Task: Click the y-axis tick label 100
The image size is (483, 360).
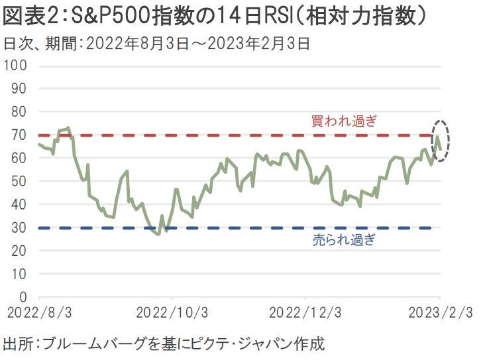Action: (x=15, y=66)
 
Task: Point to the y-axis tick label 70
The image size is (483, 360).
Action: (x=19, y=135)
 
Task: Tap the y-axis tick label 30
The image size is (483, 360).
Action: (x=19, y=227)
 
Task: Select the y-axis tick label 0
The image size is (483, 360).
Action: (x=23, y=296)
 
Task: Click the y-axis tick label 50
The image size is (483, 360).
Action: (x=19, y=181)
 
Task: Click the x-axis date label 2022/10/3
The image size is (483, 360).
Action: (x=172, y=312)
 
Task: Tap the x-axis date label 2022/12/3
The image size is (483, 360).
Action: (x=304, y=312)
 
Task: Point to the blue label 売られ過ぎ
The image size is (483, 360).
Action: (x=343, y=240)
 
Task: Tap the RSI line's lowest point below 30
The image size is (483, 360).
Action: (x=158, y=234)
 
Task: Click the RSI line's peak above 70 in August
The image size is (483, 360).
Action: (x=68, y=127)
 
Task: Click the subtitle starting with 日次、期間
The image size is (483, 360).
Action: (x=156, y=44)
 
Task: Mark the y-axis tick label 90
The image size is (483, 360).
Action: (x=19, y=88)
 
